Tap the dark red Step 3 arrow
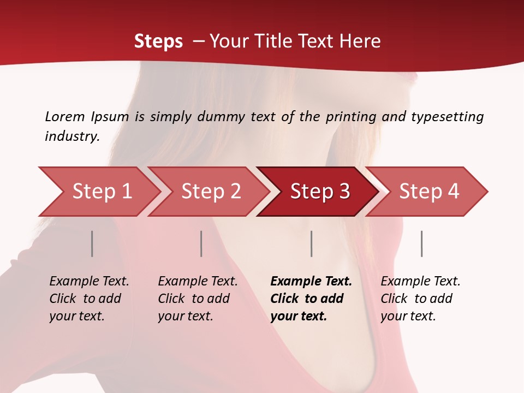point(320,191)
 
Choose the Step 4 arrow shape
point(429,191)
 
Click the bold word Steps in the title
point(158,41)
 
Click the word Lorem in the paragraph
point(65,116)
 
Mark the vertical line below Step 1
point(92,243)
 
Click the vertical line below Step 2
point(201,243)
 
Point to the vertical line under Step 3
point(312,243)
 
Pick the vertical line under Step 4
point(422,243)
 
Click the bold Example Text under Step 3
point(311,281)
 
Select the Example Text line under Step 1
point(89,281)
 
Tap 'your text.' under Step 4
point(408,316)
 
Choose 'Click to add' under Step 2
point(194,299)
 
